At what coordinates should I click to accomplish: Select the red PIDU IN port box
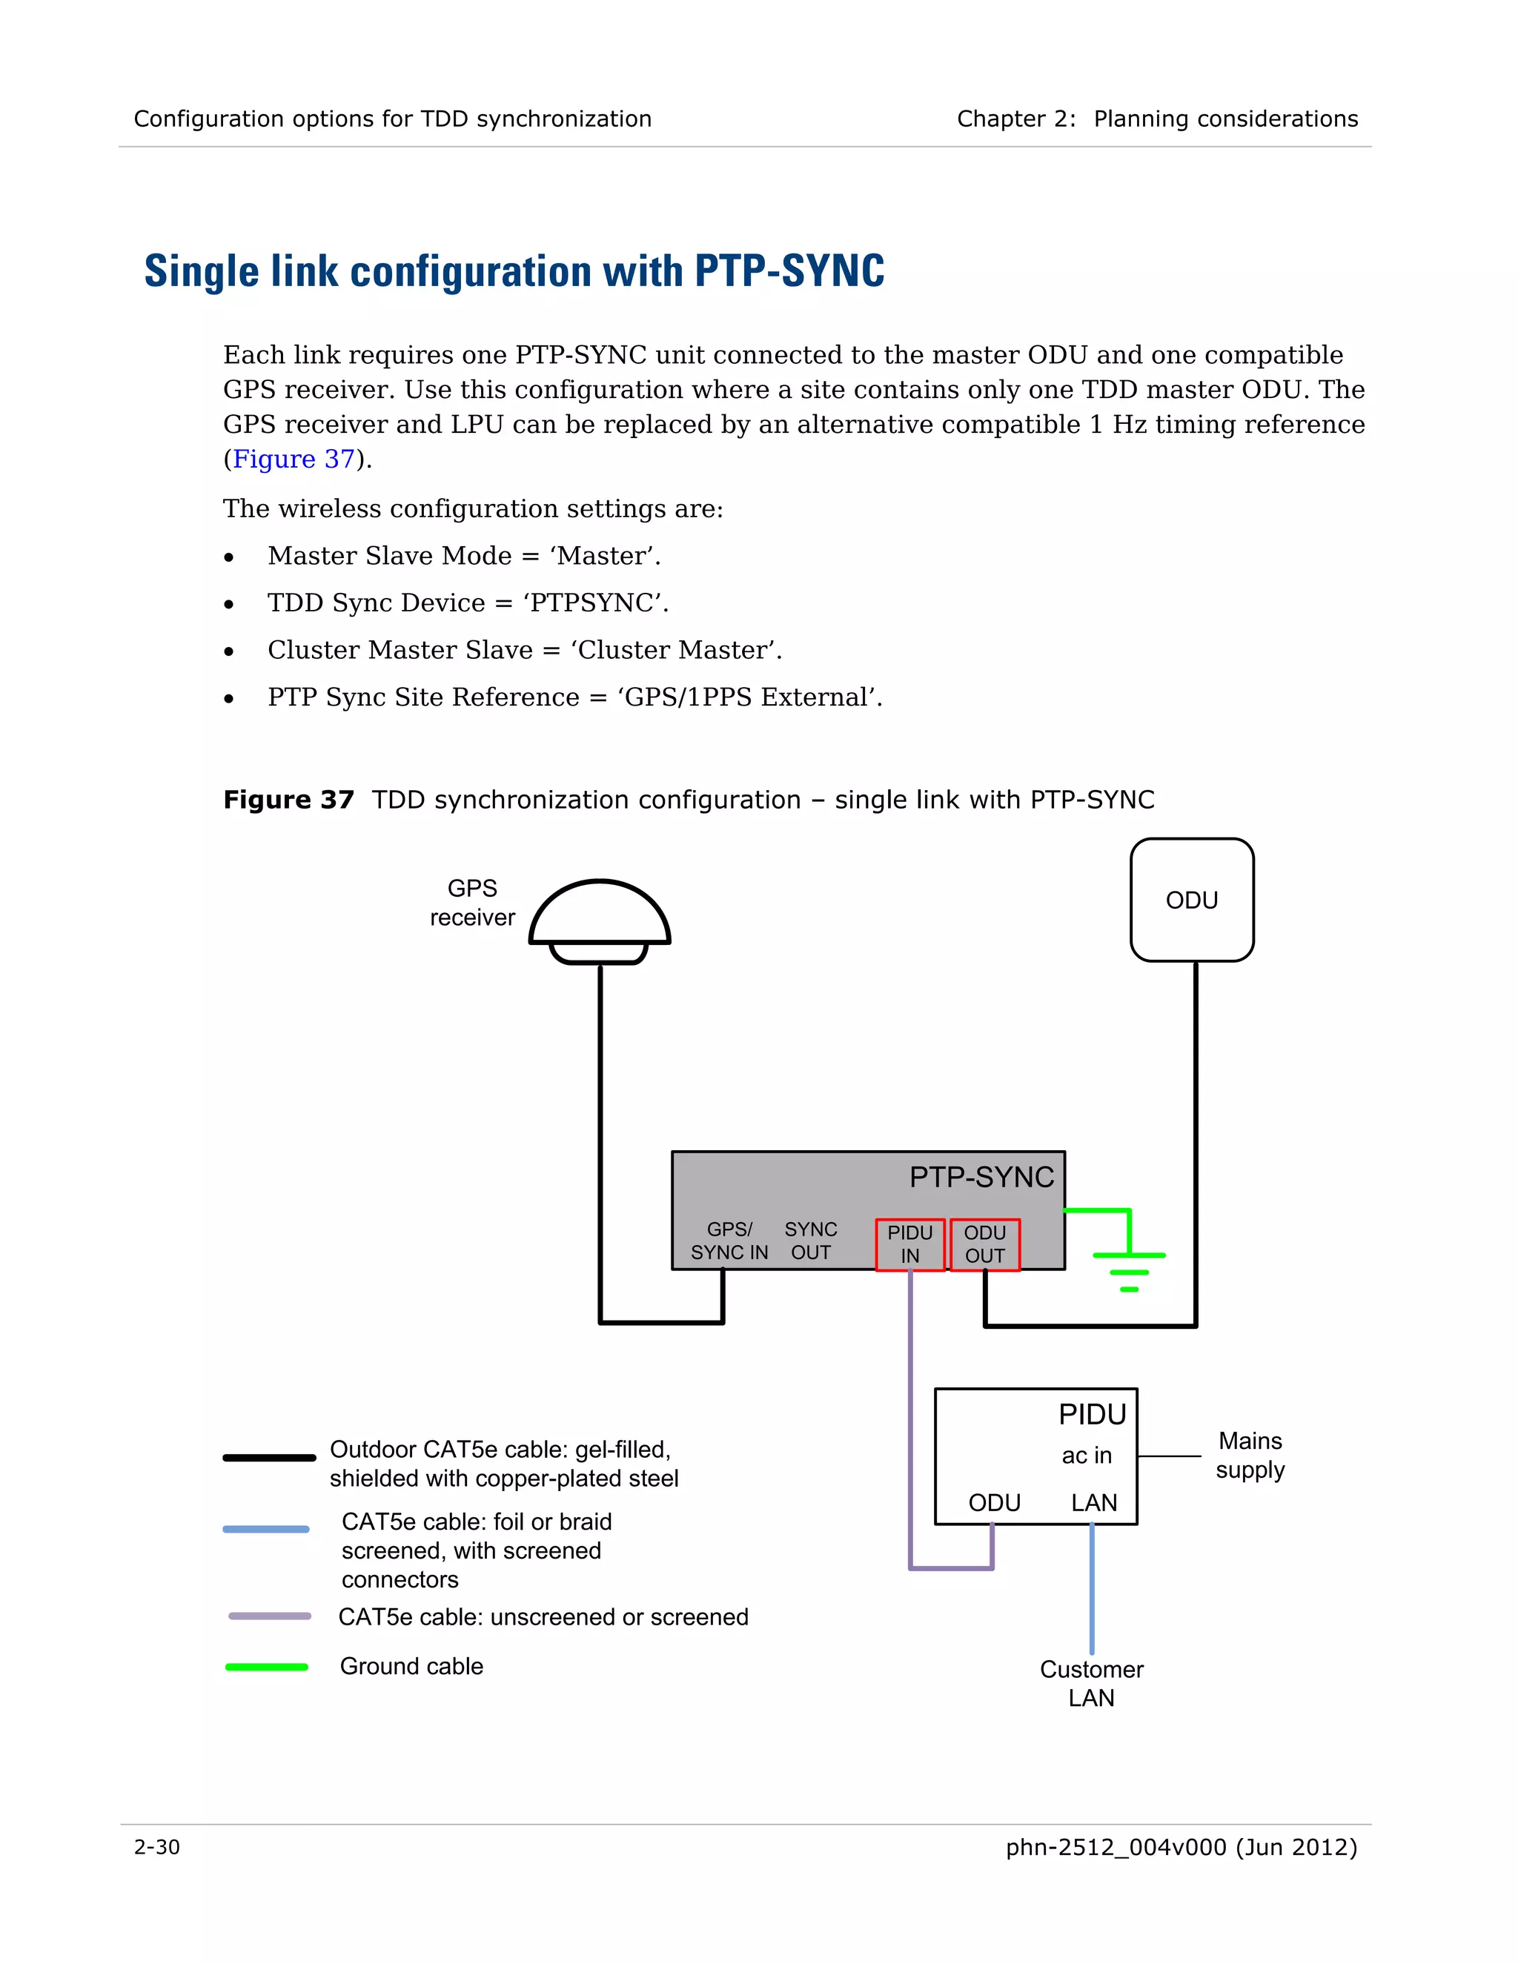(x=910, y=1244)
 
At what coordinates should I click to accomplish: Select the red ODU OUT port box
(x=985, y=1244)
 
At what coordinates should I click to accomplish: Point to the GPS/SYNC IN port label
(x=729, y=1241)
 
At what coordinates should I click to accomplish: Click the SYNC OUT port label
(x=810, y=1241)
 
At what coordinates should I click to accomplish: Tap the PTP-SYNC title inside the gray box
(x=981, y=1177)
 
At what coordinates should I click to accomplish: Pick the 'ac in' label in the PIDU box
(x=1087, y=1455)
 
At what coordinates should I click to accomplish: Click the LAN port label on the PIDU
(x=1093, y=1503)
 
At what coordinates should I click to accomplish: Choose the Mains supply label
(x=1250, y=1455)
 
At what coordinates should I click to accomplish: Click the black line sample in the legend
(x=269, y=1458)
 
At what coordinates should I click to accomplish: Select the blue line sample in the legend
(x=266, y=1529)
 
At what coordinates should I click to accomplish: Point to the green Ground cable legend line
(x=266, y=1668)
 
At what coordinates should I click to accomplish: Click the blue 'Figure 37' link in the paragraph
(x=294, y=460)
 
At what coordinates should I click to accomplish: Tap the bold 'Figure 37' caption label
(x=288, y=800)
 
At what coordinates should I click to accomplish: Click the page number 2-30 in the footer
(x=157, y=1847)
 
